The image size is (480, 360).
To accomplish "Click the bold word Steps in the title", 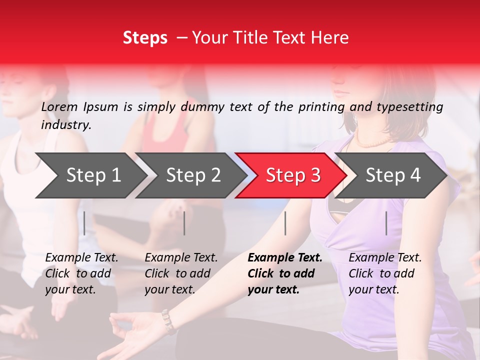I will pyautogui.click(x=145, y=38).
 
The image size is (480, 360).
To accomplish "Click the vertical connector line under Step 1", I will pyautogui.click(x=84, y=223).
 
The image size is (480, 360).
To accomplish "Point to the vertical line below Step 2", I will pyautogui.click(x=184, y=223).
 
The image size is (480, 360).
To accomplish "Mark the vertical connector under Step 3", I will pyautogui.click(x=285, y=223).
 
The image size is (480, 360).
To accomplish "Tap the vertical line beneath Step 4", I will pyautogui.click(x=386, y=223).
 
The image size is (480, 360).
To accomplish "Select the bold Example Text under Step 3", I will pyautogui.click(x=285, y=273).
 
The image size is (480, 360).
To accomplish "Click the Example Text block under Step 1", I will pyautogui.click(x=81, y=273).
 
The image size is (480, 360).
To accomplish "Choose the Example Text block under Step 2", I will pyautogui.click(x=181, y=273).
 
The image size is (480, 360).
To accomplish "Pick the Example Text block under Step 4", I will pyautogui.click(x=385, y=273).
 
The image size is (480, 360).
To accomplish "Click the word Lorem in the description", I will pyautogui.click(x=59, y=106).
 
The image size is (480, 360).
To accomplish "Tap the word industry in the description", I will pyautogui.click(x=66, y=124).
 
